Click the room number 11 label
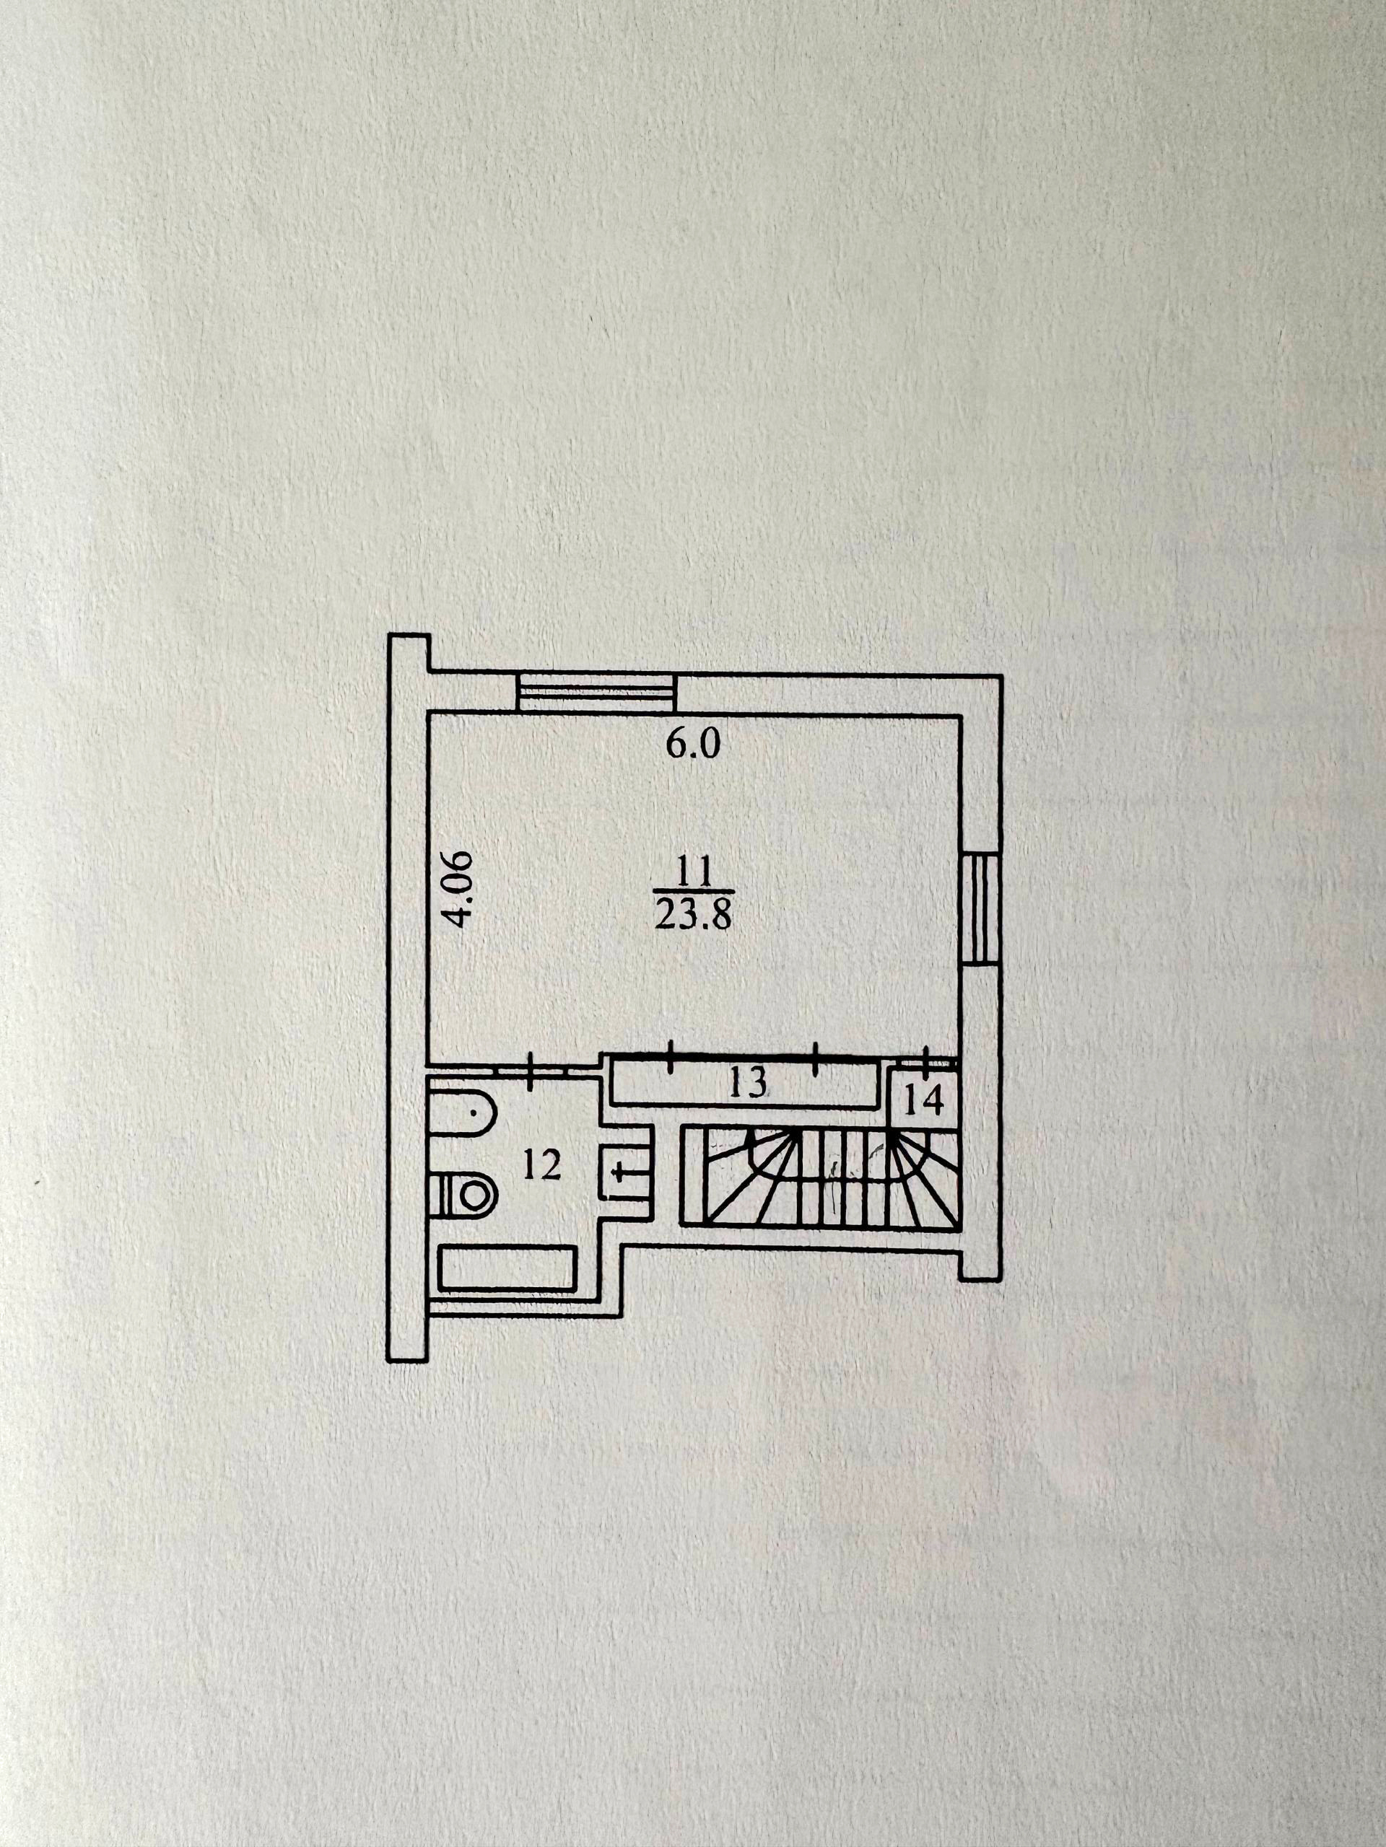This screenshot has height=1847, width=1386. pos(694,874)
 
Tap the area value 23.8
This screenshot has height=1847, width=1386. pos(694,916)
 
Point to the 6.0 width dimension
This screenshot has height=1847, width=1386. pos(692,744)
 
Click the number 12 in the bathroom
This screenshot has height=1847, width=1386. pos(541,1167)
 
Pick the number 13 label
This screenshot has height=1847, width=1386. pos(748,1084)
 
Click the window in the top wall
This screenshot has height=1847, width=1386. pos(596,692)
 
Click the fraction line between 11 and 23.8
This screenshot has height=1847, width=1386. pos(694,893)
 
